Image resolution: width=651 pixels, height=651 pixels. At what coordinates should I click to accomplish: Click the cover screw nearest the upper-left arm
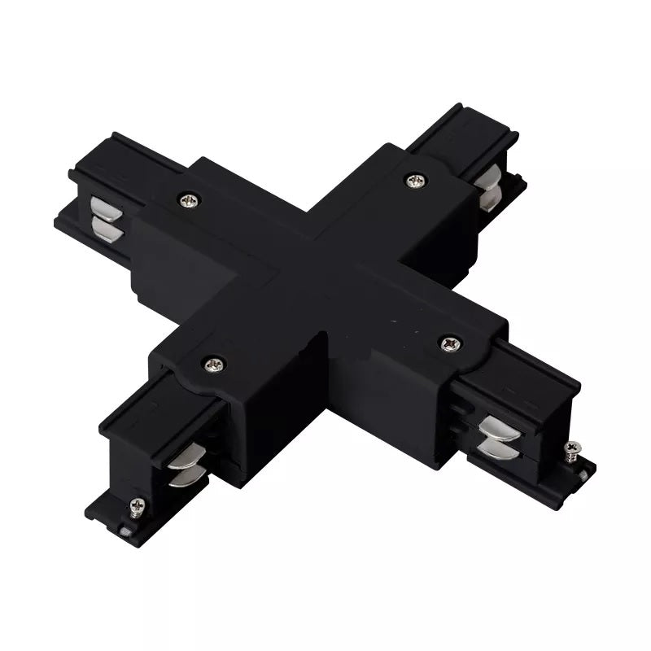coord(189,198)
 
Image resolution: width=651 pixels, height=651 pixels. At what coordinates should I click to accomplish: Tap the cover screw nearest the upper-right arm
coord(415,180)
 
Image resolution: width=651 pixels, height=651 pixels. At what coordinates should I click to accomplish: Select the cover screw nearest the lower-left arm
coord(213,365)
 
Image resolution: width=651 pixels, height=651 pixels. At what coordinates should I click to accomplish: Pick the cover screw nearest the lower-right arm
coord(451,343)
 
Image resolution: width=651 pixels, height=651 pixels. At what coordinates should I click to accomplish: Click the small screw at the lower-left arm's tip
coord(138,506)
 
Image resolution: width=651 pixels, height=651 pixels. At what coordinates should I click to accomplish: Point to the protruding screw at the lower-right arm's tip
coord(573,448)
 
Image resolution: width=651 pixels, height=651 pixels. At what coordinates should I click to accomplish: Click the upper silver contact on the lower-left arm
coord(187,458)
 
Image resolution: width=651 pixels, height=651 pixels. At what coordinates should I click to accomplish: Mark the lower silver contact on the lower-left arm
coord(181,478)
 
